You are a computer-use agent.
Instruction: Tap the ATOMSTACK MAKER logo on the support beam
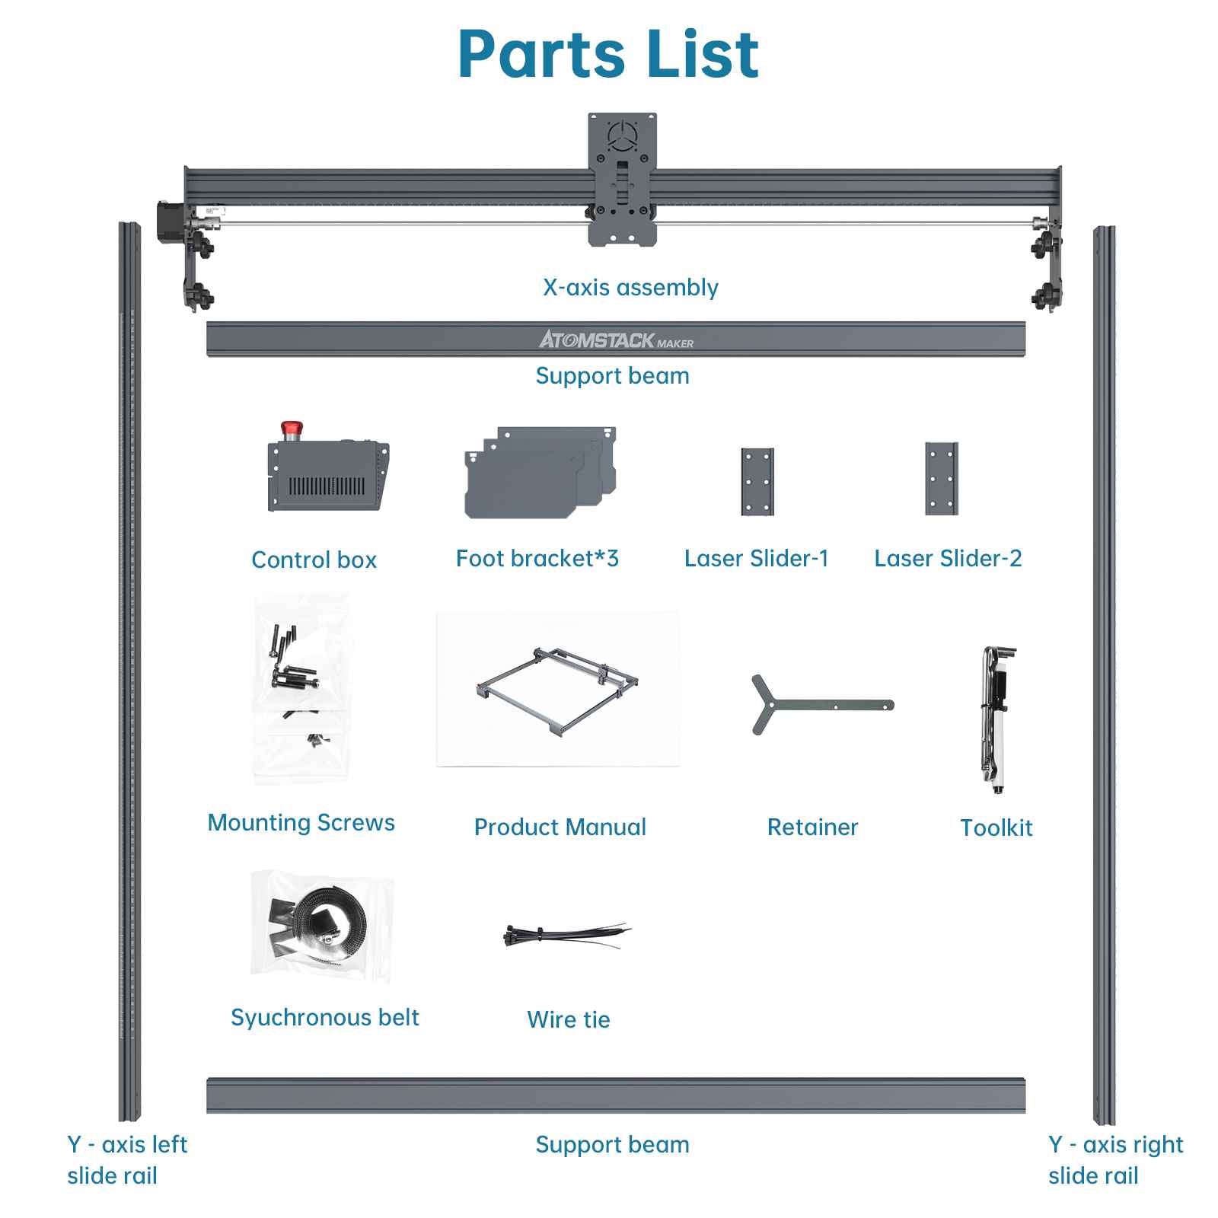tap(617, 340)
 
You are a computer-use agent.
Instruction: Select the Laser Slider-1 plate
tap(757, 481)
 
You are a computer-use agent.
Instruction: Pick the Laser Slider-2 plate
tap(942, 478)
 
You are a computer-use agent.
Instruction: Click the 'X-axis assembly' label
tap(630, 287)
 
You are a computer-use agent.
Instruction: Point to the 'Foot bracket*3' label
tap(537, 558)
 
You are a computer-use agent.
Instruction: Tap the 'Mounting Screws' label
tap(301, 822)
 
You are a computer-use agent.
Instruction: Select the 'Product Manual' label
tap(560, 827)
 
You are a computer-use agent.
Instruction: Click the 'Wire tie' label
tap(569, 1019)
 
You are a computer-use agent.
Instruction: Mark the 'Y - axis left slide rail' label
tap(127, 1159)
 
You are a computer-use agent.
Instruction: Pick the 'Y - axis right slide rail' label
tap(1115, 1159)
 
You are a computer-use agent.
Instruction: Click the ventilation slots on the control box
tap(327, 486)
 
